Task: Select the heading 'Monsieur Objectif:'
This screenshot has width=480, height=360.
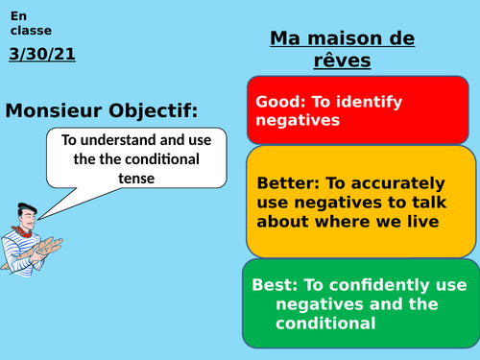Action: tap(102, 111)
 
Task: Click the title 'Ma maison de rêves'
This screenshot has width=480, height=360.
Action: tap(342, 49)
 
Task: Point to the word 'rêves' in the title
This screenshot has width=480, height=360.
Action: tap(343, 60)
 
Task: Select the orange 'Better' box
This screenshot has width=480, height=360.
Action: tap(361, 202)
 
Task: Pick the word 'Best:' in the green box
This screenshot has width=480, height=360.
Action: tap(274, 285)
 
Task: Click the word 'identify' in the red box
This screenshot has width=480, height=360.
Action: tap(367, 102)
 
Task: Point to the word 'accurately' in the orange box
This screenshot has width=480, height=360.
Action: tap(397, 182)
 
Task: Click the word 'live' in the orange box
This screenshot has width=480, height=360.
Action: tap(422, 223)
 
